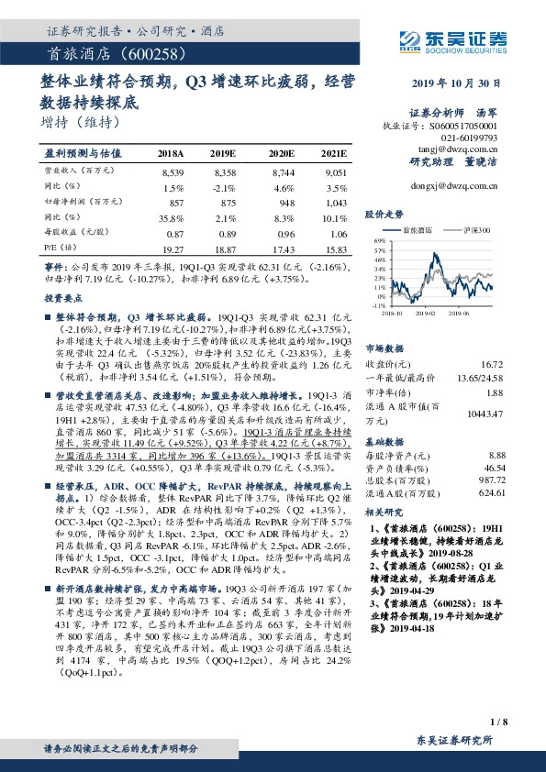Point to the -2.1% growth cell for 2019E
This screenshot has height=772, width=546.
(224, 186)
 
